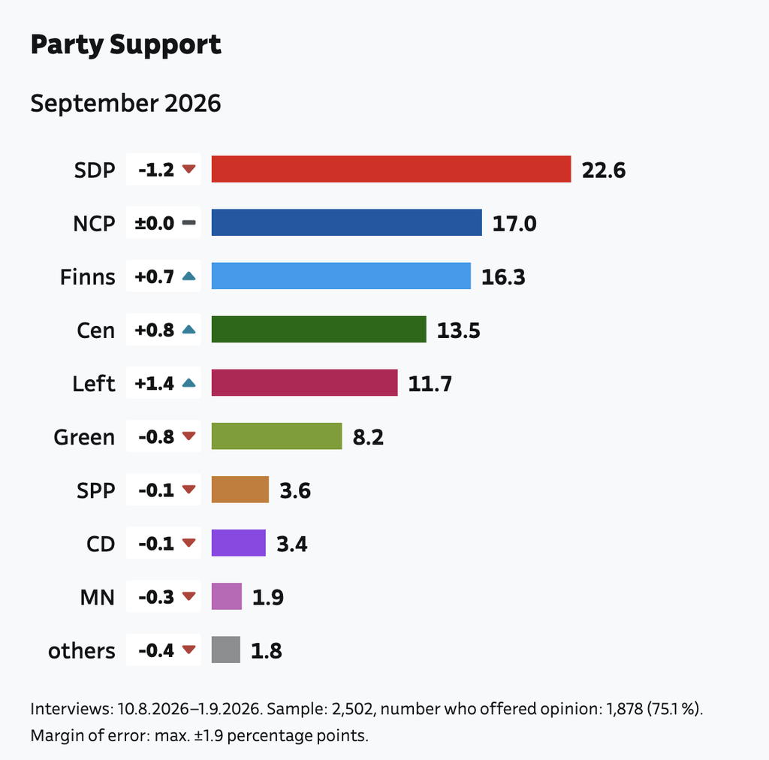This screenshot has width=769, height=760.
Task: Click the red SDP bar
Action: click(x=391, y=169)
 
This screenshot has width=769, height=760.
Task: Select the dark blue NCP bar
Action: click(x=346, y=222)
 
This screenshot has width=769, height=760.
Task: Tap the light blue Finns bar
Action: click(x=341, y=276)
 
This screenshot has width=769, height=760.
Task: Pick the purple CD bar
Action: click(x=238, y=543)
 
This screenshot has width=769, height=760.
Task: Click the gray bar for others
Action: click(x=225, y=650)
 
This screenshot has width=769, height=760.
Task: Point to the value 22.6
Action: click(x=604, y=170)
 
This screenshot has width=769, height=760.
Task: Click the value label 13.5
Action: click(x=459, y=330)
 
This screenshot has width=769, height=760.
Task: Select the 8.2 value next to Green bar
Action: click(x=368, y=437)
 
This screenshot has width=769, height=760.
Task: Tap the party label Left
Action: click(x=94, y=384)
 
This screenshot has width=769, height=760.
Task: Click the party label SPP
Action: click(x=95, y=490)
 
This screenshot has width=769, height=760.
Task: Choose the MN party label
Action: click(x=97, y=597)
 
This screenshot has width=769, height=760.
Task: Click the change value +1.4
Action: click(x=155, y=384)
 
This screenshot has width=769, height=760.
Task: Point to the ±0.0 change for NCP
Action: click(x=155, y=223)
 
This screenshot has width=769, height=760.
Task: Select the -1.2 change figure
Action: click(x=156, y=170)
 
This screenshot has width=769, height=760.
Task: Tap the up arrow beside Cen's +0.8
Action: click(x=188, y=330)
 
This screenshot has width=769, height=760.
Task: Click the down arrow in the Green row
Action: click(x=188, y=436)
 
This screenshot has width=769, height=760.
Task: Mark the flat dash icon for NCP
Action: click(x=188, y=222)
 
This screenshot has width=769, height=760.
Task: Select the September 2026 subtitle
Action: click(x=125, y=104)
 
